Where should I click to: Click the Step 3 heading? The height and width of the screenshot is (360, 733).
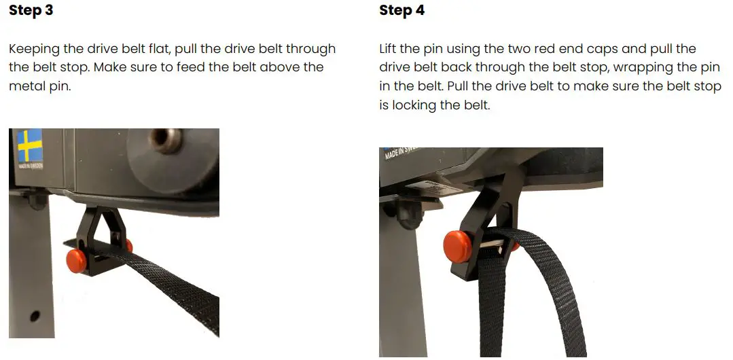pos(31,11)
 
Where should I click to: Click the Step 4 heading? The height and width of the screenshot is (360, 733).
pos(402,11)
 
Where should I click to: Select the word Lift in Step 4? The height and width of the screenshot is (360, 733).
pos(390,50)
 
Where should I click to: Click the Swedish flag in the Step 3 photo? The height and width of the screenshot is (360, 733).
pos(29,146)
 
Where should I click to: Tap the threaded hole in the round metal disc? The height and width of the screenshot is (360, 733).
pos(164,139)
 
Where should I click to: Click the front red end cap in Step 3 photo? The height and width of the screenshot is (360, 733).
pos(76,259)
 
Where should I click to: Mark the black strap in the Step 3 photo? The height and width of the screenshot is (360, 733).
pos(170,285)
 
